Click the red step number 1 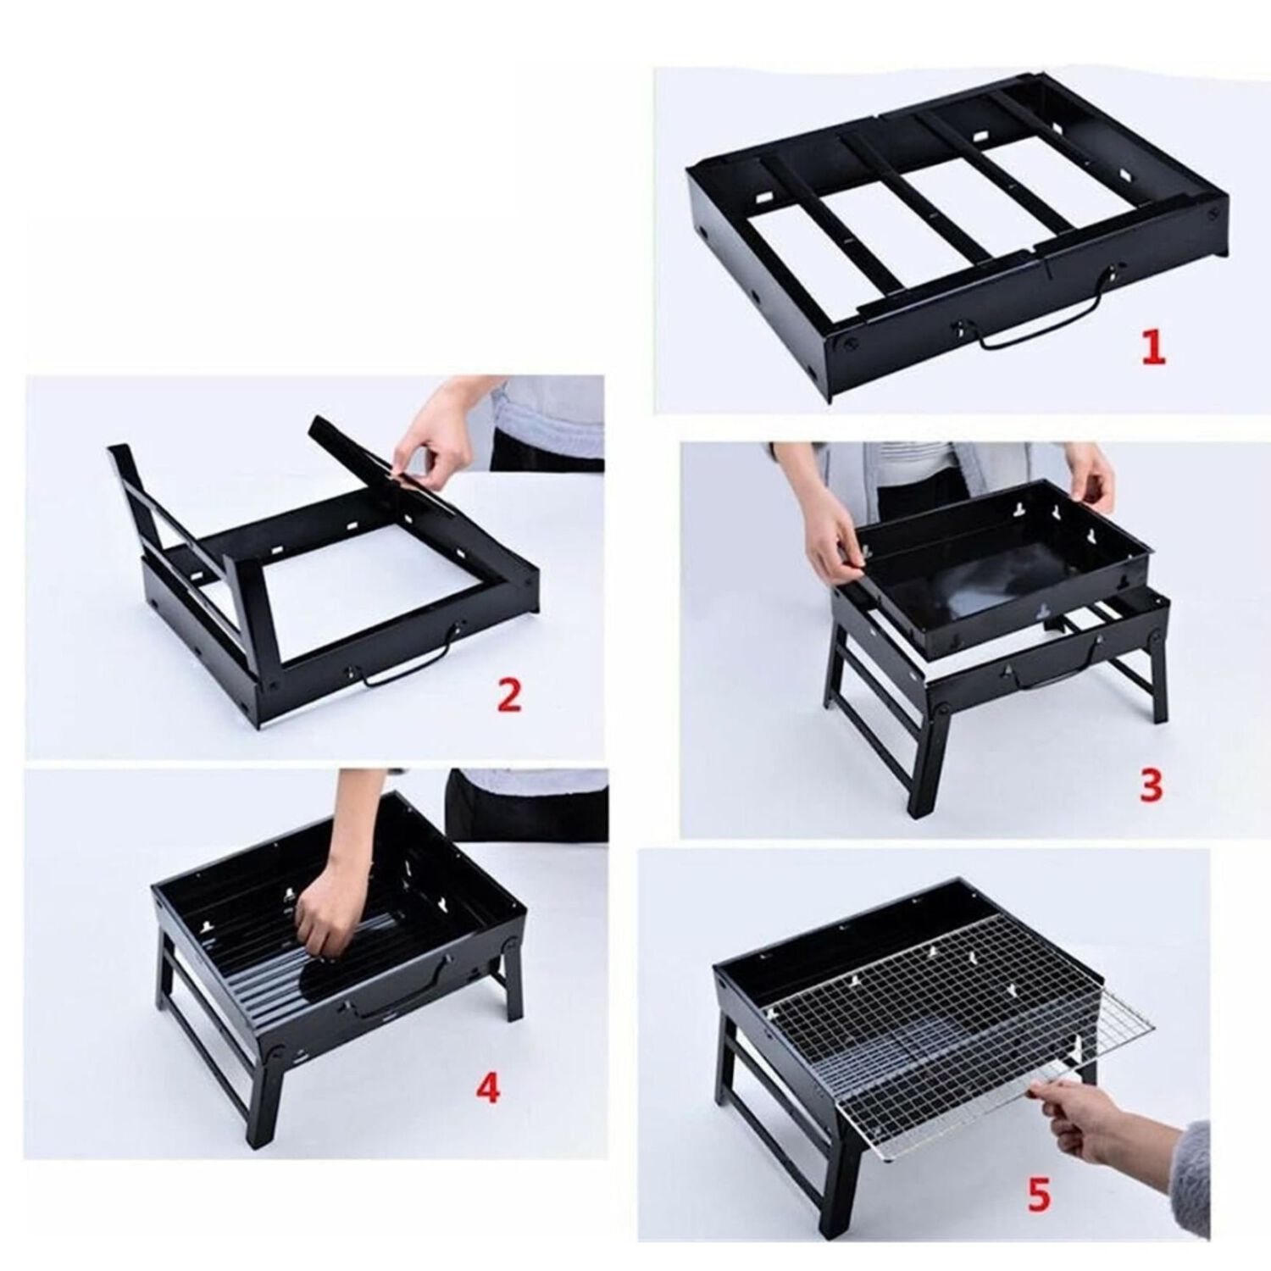pyautogui.click(x=1152, y=347)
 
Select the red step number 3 pyautogui.click(x=1151, y=785)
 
